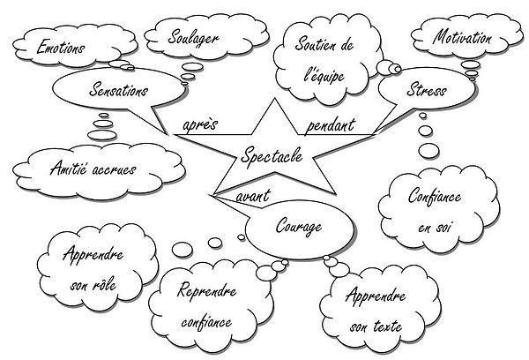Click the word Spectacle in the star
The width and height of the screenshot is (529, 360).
[x=272, y=156]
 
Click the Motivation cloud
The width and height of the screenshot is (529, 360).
[x=462, y=40]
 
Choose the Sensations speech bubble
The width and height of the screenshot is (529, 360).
[x=119, y=91]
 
